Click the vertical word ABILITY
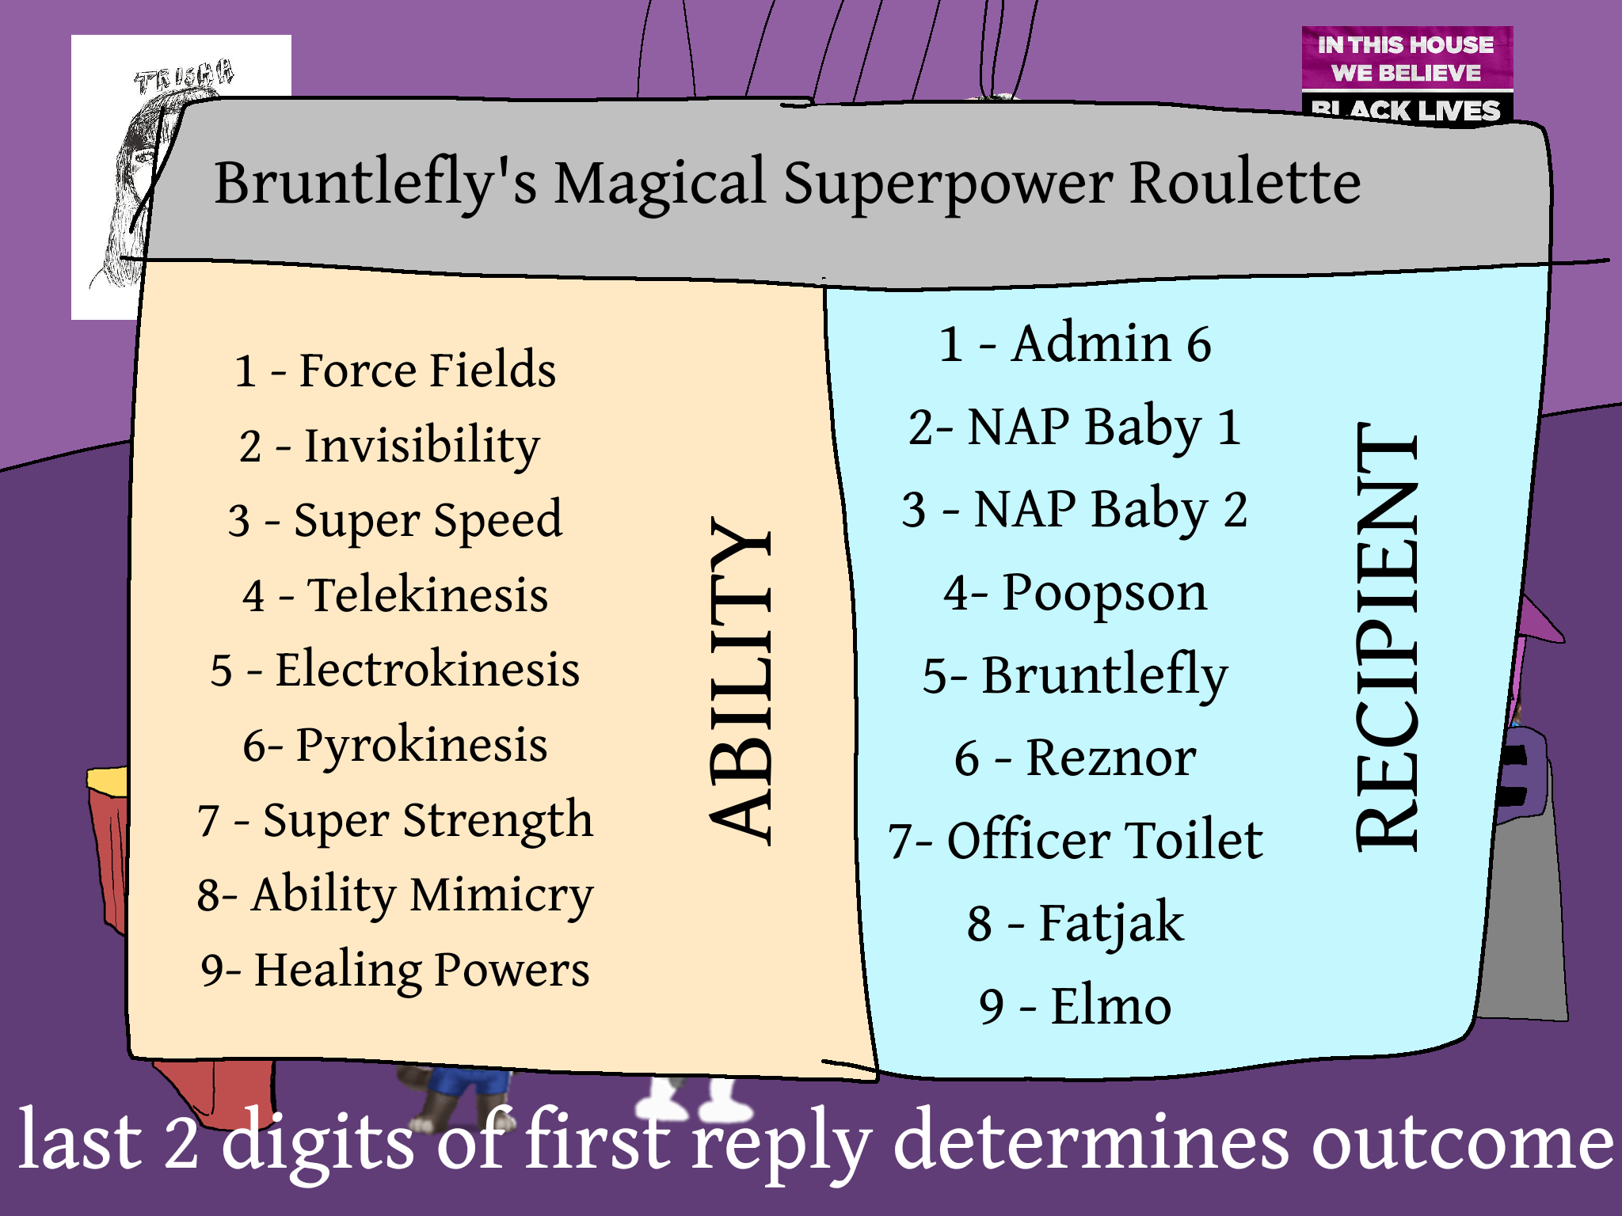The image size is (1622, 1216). (x=741, y=682)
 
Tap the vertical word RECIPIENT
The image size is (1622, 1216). (x=1387, y=636)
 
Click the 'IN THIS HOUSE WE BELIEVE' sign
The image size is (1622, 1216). (x=1407, y=58)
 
